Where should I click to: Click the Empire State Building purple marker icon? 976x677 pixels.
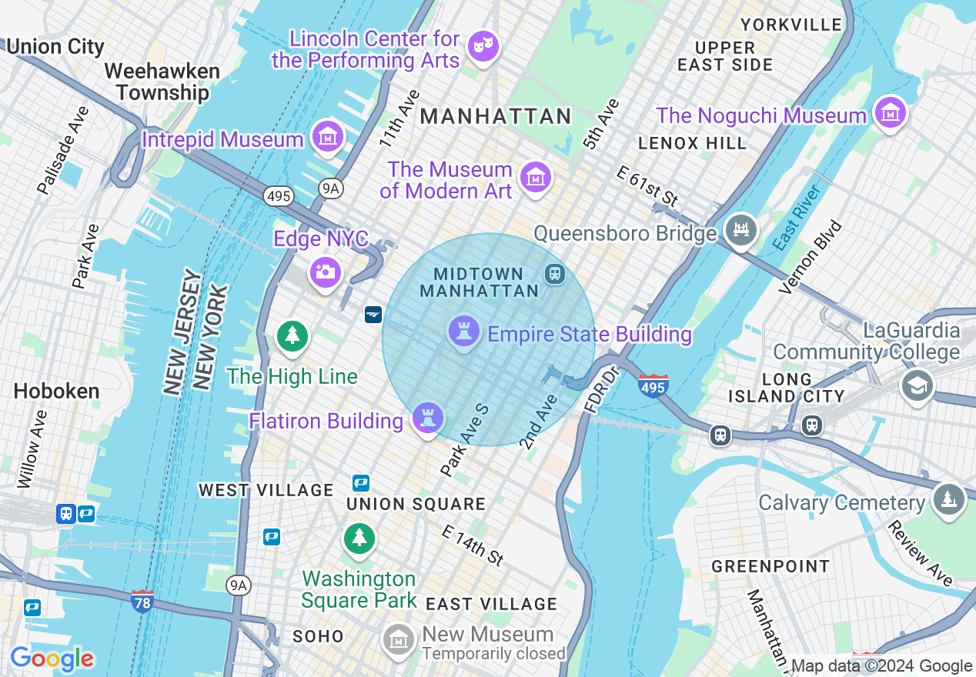pos(463,332)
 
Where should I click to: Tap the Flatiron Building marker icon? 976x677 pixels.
pos(428,419)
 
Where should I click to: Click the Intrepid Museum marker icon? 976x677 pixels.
pos(327,137)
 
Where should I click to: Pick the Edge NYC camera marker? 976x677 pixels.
pos(325,272)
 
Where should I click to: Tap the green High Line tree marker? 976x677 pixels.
pos(292,336)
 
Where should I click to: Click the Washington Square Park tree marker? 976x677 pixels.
pos(359,538)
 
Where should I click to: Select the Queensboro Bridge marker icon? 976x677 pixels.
pos(740,230)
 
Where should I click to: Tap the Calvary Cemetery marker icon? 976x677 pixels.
pos(948,499)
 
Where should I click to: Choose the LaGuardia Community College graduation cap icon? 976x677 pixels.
pos(918,385)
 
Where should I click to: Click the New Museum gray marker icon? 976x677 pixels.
pos(398,639)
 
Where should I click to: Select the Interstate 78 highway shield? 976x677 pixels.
pos(142,599)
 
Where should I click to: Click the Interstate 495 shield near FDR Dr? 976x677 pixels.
pos(653,385)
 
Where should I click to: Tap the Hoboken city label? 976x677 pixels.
pos(56,391)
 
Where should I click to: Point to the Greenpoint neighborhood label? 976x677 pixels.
pos(770,566)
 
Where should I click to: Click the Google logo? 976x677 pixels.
pos(52,658)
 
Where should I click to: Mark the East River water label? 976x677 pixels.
pos(797,216)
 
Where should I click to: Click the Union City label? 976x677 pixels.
pos(55,46)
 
